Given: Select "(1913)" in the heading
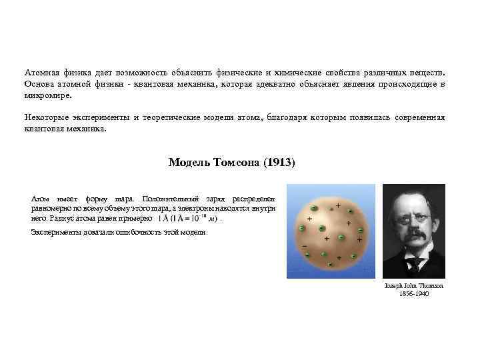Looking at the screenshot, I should click(x=279, y=162).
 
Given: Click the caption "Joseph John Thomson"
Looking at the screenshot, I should click(x=414, y=285).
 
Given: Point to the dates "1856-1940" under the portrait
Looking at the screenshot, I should click(x=414, y=293).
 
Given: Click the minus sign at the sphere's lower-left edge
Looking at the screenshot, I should click(x=305, y=245).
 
